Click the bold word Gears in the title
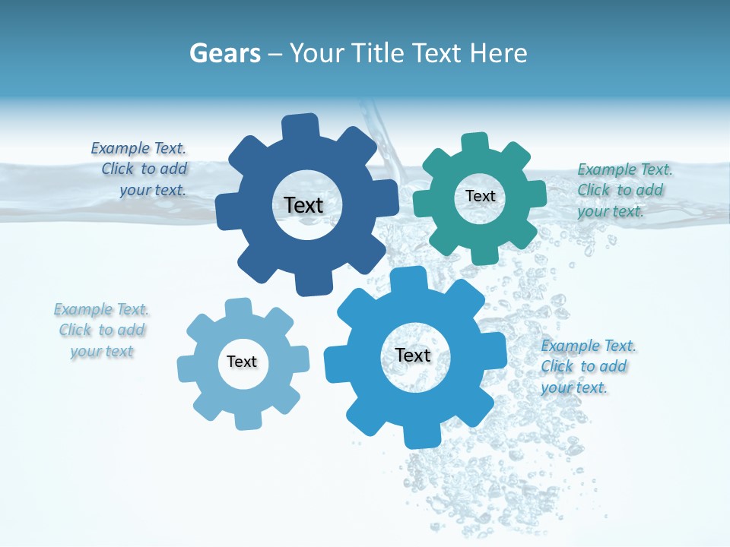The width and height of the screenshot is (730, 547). (225, 53)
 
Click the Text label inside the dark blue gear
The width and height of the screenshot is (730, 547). (303, 205)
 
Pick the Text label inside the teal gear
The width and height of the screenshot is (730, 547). (481, 196)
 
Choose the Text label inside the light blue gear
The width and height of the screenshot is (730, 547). (242, 362)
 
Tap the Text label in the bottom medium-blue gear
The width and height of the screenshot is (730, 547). (413, 355)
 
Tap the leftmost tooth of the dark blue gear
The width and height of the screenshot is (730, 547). (227, 210)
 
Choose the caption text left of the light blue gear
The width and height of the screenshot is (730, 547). (102, 330)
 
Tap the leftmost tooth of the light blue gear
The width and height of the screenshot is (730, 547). (187, 368)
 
